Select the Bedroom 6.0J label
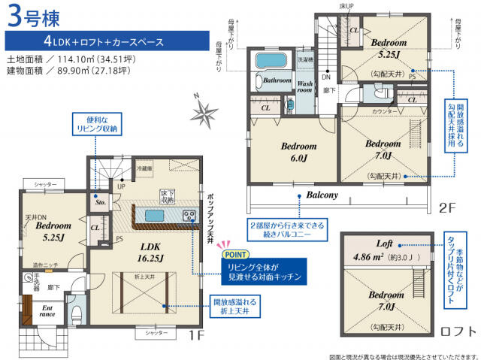tap(299, 151)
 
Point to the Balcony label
tap(322, 195)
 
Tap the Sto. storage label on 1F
tap(99, 201)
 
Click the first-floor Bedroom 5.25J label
tap(52, 231)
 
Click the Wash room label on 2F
tap(304, 88)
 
